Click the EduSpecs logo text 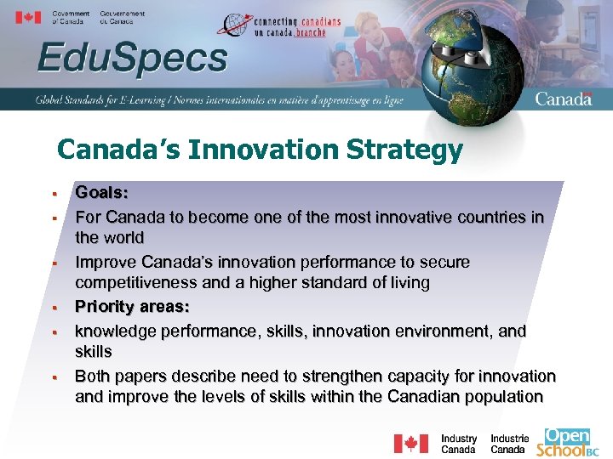(x=132, y=59)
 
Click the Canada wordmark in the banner (x=563, y=99)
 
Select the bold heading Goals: (x=101, y=194)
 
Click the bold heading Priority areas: (x=132, y=305)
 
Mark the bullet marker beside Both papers (x=53, y=375)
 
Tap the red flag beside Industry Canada (x=410, y=444)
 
